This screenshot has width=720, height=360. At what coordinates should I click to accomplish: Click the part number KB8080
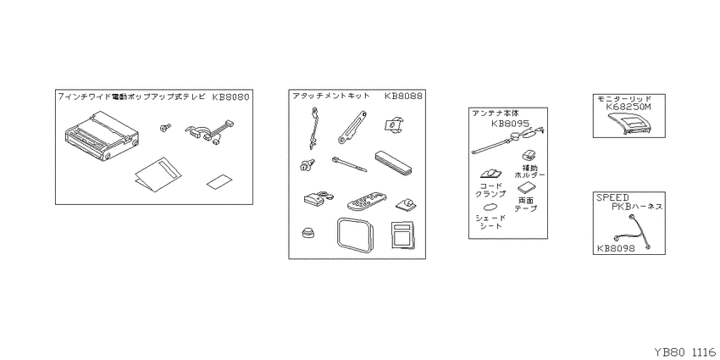tap(231, 97)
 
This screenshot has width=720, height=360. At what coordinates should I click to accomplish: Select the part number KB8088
tap(403, 96)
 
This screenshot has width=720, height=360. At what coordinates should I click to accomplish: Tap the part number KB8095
tap(510, 124)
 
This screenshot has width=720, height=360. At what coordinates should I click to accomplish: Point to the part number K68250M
tap(629, 107)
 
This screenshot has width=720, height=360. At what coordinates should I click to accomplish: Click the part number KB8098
tap(616, 248)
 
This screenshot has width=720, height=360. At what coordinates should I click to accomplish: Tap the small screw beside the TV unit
tap(165, 128)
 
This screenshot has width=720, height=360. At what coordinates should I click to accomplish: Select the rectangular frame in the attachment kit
tap(355, 235)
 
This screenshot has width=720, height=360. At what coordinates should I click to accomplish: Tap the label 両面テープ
tap(525, 204)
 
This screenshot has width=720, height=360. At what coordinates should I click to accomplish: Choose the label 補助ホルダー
tap(529, 171)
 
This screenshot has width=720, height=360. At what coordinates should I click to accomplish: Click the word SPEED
tap(612, 198)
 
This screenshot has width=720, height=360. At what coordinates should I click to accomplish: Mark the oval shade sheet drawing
tap(490, 207)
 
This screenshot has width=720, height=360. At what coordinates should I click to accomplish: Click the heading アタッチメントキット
tap(331, 96)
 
